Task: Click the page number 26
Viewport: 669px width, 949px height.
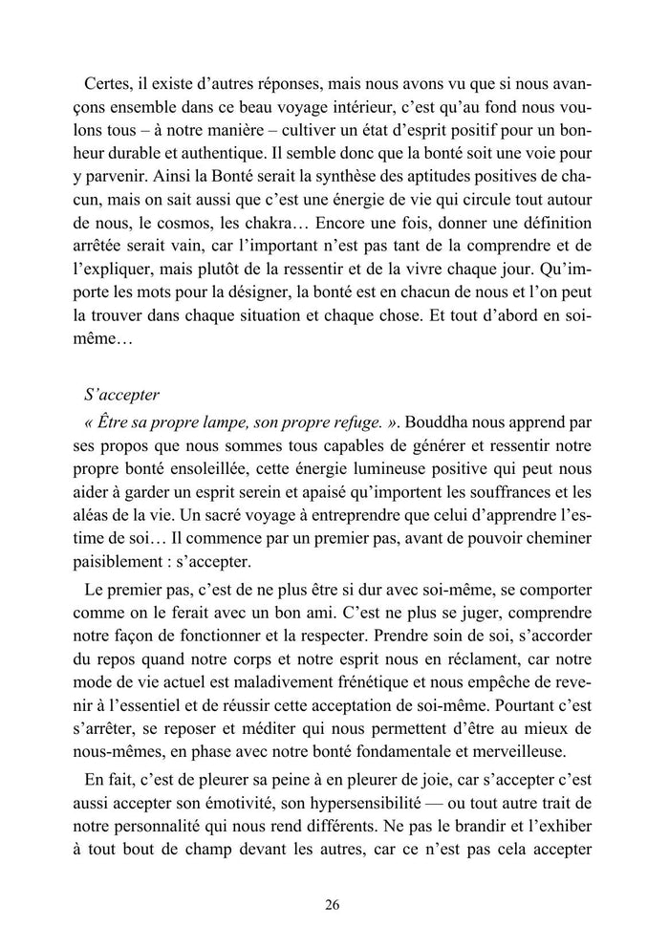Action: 333,905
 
